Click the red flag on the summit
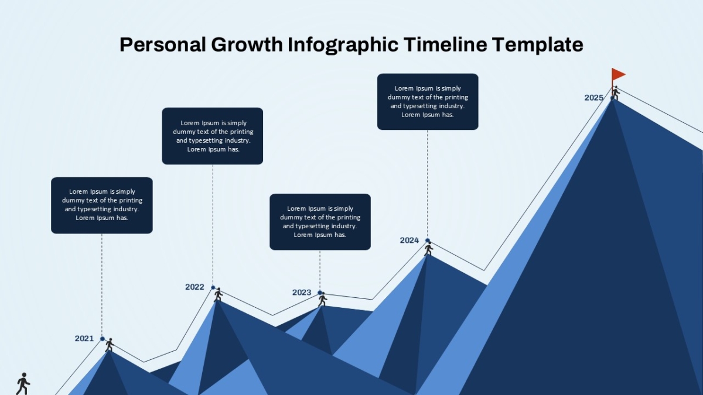click(617, 75)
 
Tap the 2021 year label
click(84, 339)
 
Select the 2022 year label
click(194, 287)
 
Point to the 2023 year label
click(302, 293)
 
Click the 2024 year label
click(409, 241)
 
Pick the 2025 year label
click(594, 98)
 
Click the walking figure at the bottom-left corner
click(23, 384)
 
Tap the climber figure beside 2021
click(110, 345)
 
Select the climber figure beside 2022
click(218, 295)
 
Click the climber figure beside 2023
click(322, 300)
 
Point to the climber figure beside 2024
click(429, 249)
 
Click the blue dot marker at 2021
click(103, 339)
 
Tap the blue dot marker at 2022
click(213, 287)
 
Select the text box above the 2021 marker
click(102, 205)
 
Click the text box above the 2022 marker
click(213, 136)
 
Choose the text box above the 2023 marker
click(320, 222)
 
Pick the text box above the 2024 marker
click(428, 102)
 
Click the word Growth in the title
click(247, 44)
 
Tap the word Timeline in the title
click(445, 44)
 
